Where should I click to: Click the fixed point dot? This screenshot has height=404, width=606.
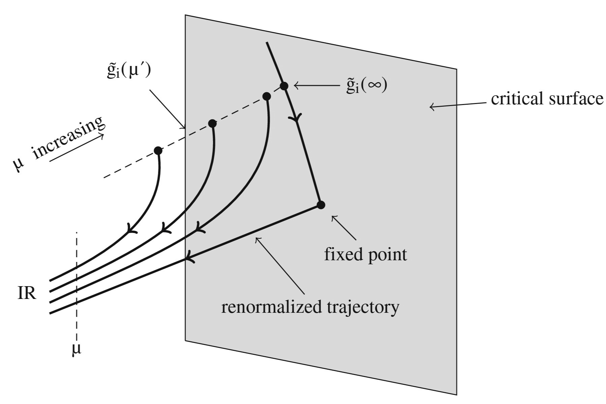(x=321, y=205)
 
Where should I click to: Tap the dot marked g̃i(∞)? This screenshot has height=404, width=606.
(x=284, y=86)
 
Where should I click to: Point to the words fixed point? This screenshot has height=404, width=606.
(x=365, y=255)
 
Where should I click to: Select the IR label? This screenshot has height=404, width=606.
(x=27, y=294)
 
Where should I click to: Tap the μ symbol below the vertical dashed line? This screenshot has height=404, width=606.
(x=77, y=350)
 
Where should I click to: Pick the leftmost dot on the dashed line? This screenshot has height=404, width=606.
(x=158, y=150)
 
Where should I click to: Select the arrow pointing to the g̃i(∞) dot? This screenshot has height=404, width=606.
(x=316, y=86)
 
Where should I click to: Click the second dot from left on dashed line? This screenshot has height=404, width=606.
(x=212, y=123)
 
